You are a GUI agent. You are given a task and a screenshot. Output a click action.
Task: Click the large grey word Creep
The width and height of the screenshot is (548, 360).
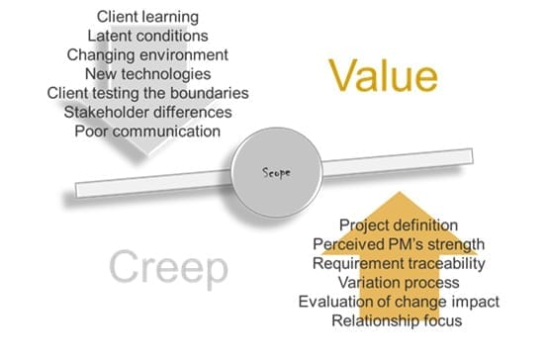point(168,266)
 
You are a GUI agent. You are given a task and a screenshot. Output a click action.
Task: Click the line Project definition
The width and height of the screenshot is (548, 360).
point(398,225)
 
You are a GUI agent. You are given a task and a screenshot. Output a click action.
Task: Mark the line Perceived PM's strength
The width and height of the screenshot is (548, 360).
point(398,243)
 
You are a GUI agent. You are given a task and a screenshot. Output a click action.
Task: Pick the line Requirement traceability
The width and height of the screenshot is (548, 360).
point(398,263)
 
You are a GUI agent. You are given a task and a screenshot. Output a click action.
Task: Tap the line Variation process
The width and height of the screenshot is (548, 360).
point(398,282)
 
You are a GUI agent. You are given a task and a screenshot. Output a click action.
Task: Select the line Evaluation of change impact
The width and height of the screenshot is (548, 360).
point(398,301)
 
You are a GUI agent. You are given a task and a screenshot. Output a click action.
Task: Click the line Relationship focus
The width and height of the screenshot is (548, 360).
point(398,319)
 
